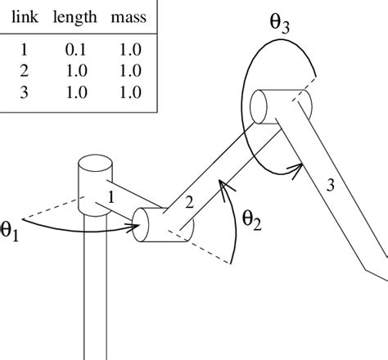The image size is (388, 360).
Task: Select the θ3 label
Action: pyautogui.click(x=280, y=24)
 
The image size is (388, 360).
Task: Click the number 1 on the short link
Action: pyautogui.click(x=113, y=196)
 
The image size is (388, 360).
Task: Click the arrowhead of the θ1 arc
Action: pyautogui.click(x=139, y=231)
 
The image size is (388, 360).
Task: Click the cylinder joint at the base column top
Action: pyautogui.click(x=93, y=181)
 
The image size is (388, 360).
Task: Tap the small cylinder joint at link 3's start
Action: pyautogui.click(x=265, y=107)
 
